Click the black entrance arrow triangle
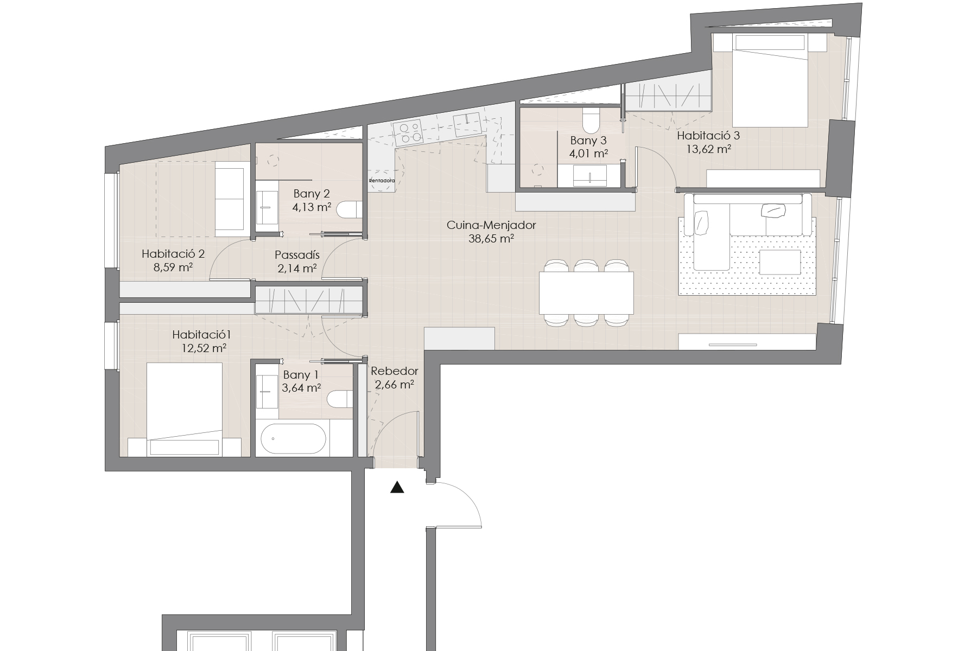click(398, 488)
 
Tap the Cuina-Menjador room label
click(491, 225)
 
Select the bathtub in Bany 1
click(294, 438)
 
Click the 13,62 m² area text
click(708, 149)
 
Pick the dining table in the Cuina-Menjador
click(586, 293)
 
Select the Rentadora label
click(382, 180)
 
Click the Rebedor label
click(395, 372)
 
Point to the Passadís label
click(297, 255)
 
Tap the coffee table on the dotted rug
click(780, 262)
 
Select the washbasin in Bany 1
click(266, 385)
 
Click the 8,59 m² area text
click(174, 267)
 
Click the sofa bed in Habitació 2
click(230, 199)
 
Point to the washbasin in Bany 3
click(589, 176)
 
